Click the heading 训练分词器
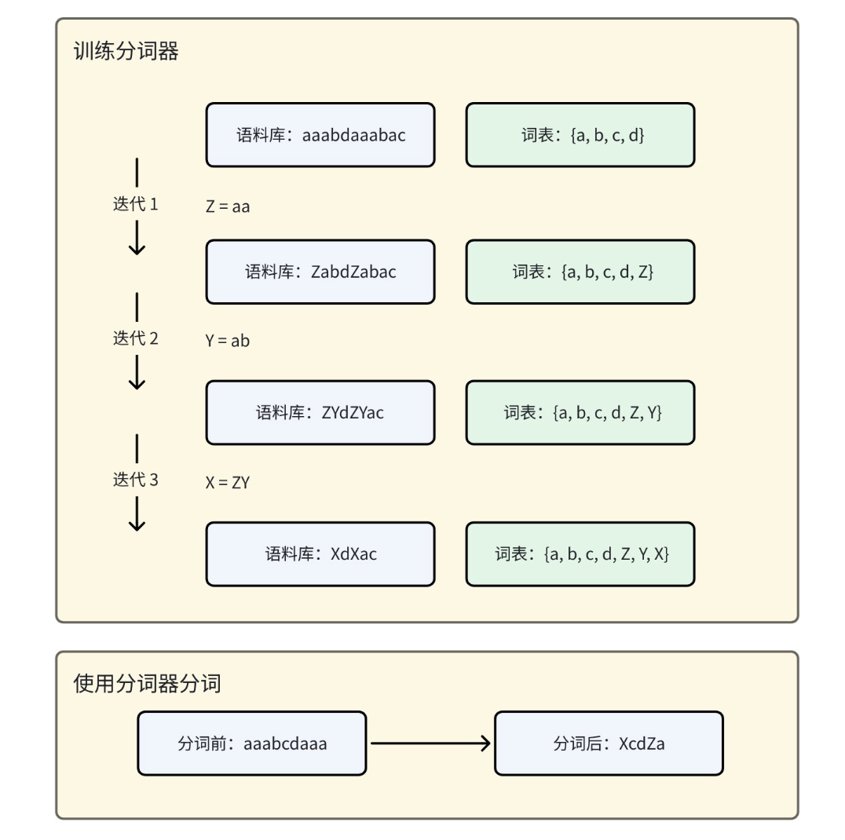click(126, 53)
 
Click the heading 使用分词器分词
click(147, 683)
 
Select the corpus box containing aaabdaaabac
click(320, 135)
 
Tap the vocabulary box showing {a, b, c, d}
click(580, 135)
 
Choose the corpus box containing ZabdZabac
click(320, 272)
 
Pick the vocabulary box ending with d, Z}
click(580, 272)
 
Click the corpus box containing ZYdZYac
click(320, 412)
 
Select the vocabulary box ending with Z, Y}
click(580, 412)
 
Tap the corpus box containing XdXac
click(320, 553)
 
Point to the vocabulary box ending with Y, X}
click(580, 553)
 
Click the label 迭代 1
click(136, 204)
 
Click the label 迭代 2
click(136, 339)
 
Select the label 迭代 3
click(136, 480)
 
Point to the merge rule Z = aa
click(228, 207)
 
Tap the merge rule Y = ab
click(228, 341)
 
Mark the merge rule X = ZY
click(228, 483)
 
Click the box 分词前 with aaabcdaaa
click(251, 743)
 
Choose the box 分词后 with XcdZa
click(609, 743)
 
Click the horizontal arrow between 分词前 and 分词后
click(430, 743)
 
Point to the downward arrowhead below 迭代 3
click(137, 524)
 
